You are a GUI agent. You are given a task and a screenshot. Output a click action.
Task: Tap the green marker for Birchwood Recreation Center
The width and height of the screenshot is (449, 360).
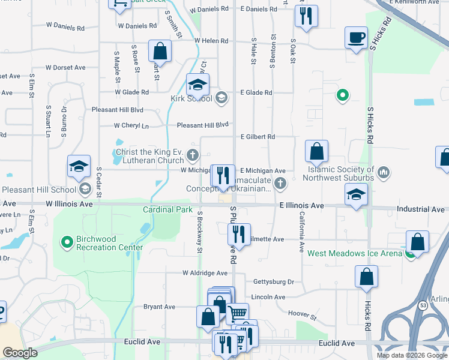coord(68,242)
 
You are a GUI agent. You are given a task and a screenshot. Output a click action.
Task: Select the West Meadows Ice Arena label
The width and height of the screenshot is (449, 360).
coord(355,253)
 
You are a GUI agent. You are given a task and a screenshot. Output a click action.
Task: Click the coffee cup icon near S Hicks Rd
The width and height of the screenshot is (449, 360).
coord(356,37)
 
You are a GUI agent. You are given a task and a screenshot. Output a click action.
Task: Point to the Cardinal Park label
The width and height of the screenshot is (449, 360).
coord(167,209)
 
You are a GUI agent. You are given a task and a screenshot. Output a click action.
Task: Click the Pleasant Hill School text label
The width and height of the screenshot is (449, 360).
coord(39,190)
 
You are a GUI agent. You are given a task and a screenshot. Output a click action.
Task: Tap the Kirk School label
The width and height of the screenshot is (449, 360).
coord(192,98)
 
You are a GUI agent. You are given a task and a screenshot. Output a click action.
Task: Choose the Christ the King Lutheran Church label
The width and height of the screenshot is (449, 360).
coord(150,156)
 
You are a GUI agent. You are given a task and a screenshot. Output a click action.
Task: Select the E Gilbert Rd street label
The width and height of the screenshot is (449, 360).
coord(258,137)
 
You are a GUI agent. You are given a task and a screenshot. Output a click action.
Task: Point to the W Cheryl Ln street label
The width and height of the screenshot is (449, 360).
coord(131,126)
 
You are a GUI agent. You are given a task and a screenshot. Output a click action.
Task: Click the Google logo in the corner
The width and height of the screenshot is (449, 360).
coord(20,353)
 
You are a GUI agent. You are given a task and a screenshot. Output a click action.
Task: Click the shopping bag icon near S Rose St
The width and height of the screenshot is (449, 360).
coord(160,50)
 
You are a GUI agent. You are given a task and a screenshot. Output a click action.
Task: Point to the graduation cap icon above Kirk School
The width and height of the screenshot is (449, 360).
coord(197,85)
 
